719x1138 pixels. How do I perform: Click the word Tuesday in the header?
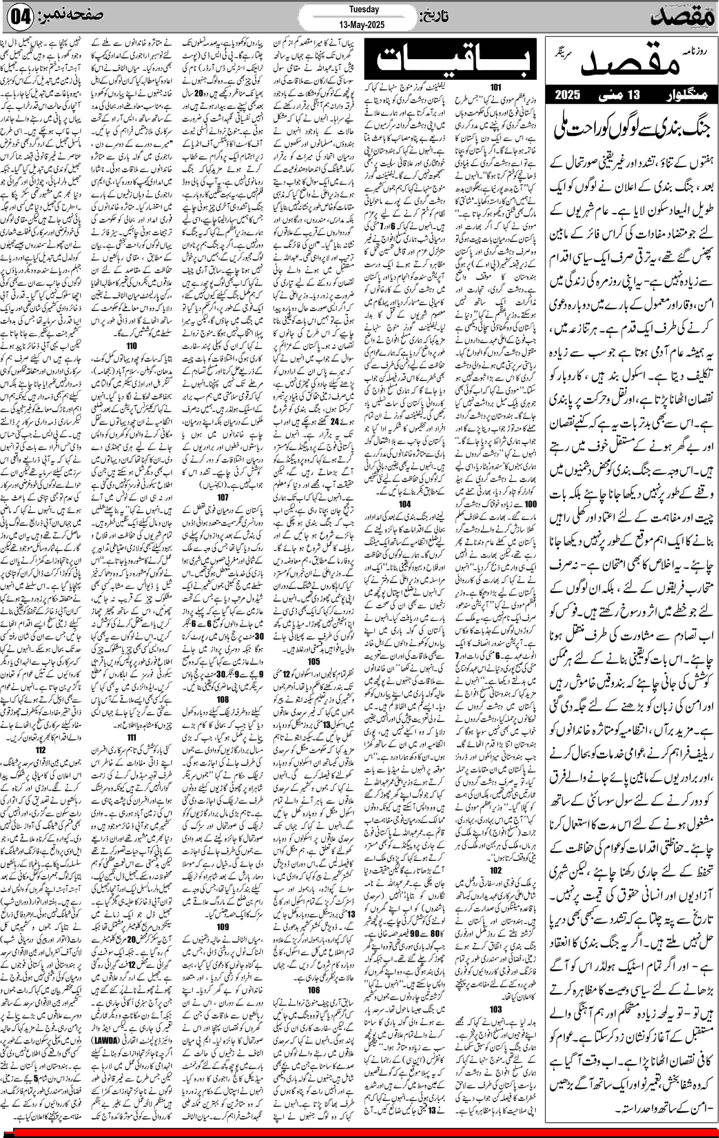click(x=364, y=9)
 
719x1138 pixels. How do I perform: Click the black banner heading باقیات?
click(x=450, y=60)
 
